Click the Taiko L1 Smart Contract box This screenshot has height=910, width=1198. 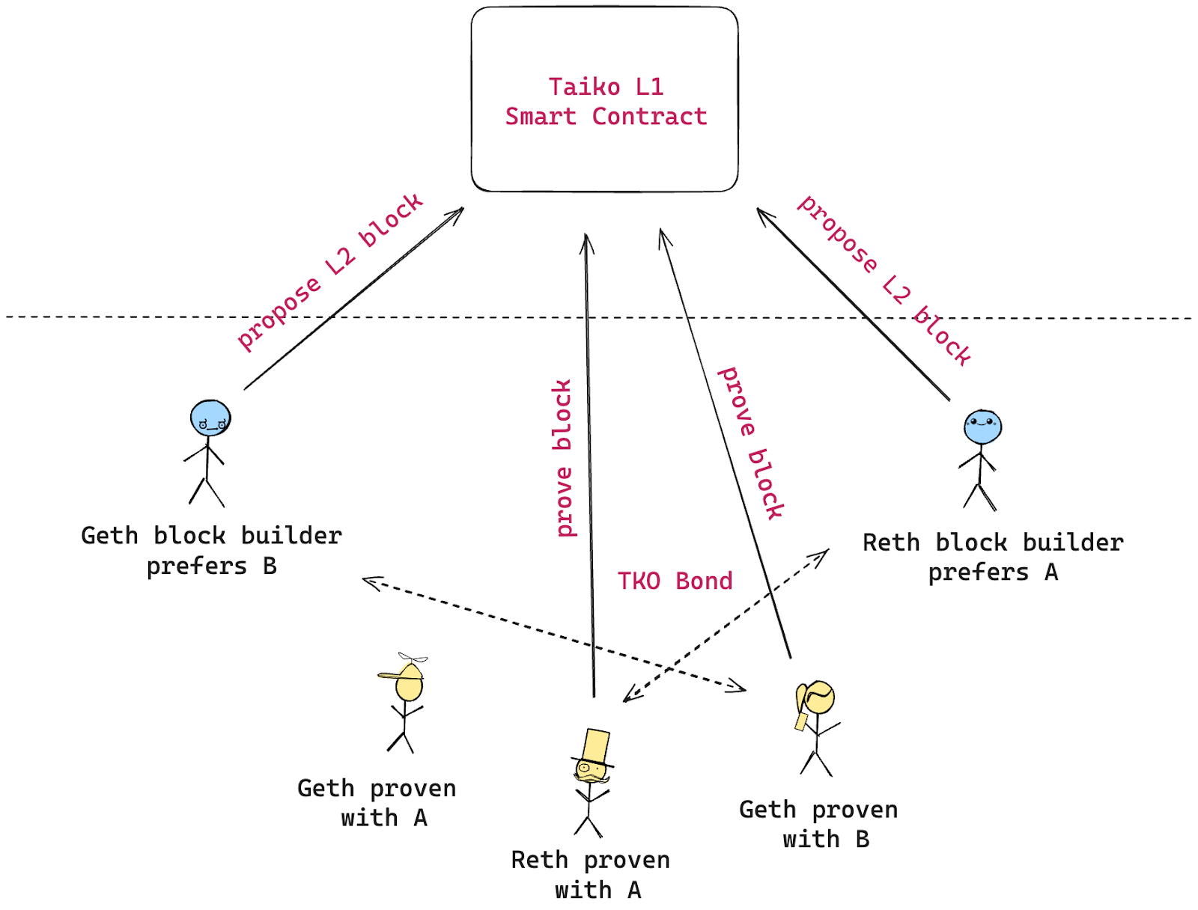(604, 150)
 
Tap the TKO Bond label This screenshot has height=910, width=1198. (675, 581)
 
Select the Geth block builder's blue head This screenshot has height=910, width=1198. (210, 418)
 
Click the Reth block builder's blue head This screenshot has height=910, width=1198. (982, 427)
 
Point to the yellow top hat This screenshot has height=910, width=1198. (596, 747)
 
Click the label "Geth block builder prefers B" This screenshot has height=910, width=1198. (212, 551)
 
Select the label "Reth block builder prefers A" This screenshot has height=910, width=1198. (993, 558)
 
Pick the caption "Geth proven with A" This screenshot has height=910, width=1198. (377, 803)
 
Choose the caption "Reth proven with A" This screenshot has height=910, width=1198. (591, 875)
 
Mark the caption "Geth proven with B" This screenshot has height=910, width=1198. (818, 824)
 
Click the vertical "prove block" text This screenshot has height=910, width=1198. (564, 458)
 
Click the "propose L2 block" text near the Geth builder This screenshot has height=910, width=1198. (329, 272)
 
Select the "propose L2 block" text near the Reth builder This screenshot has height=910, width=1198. (884, 280)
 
